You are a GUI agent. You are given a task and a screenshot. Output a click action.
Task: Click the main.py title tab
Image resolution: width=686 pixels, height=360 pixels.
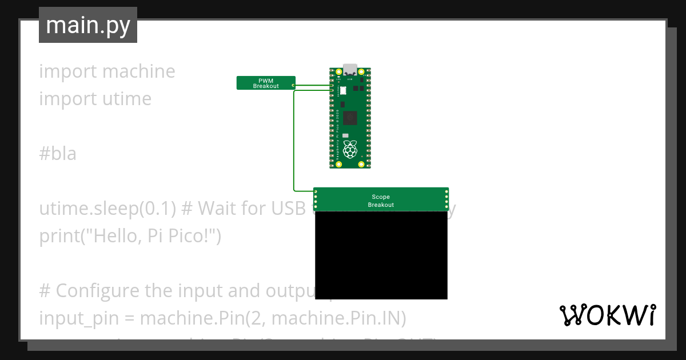point(88,25)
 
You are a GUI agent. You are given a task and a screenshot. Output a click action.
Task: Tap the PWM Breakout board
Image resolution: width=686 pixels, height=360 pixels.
point(266,83)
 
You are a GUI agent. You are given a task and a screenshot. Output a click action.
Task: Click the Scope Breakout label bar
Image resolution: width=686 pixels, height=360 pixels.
point(381,200)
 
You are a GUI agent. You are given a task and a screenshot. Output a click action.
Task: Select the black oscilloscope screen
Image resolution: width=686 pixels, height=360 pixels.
point(381,255)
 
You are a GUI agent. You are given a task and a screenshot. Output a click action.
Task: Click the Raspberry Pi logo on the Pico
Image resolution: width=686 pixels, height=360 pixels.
point(350,150)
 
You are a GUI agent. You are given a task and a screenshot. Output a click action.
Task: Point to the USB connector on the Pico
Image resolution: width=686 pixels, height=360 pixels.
point(350,69)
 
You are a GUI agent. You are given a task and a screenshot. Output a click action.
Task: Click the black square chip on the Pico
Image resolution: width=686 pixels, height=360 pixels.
point(349,118)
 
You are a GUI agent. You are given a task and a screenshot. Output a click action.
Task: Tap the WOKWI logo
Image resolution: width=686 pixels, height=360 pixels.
point(607,315)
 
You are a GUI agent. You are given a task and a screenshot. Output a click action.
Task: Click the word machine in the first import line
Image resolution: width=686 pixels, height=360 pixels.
point(139,71)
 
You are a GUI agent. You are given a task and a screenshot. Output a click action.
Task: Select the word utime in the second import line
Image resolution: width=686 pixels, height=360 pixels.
point(127,99)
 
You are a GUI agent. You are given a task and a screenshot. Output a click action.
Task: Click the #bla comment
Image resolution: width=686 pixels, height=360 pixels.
point(58,154)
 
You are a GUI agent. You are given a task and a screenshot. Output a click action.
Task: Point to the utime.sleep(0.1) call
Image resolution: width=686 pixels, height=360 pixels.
point(107,209)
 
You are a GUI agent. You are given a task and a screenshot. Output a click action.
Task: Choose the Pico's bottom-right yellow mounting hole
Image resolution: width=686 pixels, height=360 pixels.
point(361,164)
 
